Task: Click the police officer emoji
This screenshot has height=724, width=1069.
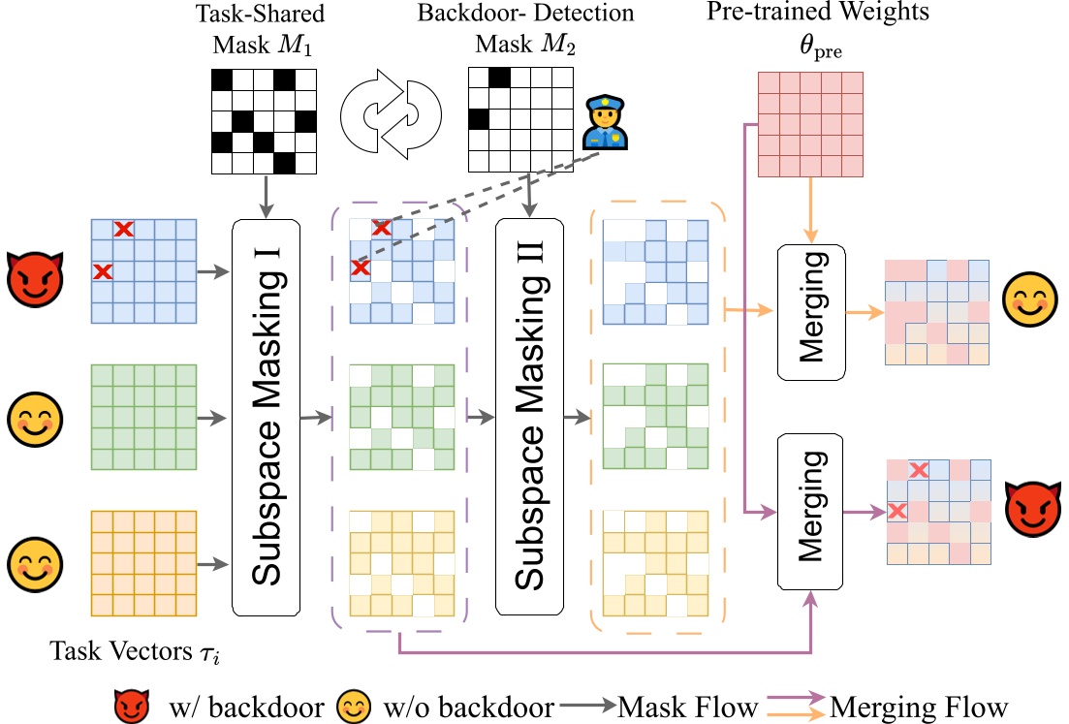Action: click(605, 123)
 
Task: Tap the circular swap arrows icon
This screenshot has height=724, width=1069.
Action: click(391, 114)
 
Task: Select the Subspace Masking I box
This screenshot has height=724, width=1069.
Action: click(266, 417)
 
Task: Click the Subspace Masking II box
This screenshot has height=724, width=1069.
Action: click(530, 417)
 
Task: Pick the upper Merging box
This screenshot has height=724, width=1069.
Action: click(811, 312)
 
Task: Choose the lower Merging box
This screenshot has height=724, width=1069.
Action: click(810, 512)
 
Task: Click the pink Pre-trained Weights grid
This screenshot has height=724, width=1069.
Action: click(810, 124)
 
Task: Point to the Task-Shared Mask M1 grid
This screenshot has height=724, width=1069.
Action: click(264, 121)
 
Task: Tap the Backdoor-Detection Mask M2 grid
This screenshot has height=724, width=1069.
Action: click(520, 119)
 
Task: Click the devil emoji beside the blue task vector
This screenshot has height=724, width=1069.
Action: click(35, 279)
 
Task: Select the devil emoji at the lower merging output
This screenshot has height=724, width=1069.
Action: click(1033, 509)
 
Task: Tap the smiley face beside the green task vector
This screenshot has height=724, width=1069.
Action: click(35, 420)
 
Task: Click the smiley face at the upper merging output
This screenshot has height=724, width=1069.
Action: click(1030, 299)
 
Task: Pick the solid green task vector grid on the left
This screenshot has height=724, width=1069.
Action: click(143, 417)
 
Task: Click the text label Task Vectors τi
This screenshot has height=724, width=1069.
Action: click(135, 651)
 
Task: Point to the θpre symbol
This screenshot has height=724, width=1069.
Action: click(820, 47)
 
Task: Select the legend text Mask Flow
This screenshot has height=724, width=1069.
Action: click(688, 707)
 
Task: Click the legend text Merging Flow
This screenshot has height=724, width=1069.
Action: click(919, 708)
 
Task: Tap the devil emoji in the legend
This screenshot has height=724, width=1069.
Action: click(132, 705)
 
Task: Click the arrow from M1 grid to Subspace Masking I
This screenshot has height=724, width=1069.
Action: click(266, 197)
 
